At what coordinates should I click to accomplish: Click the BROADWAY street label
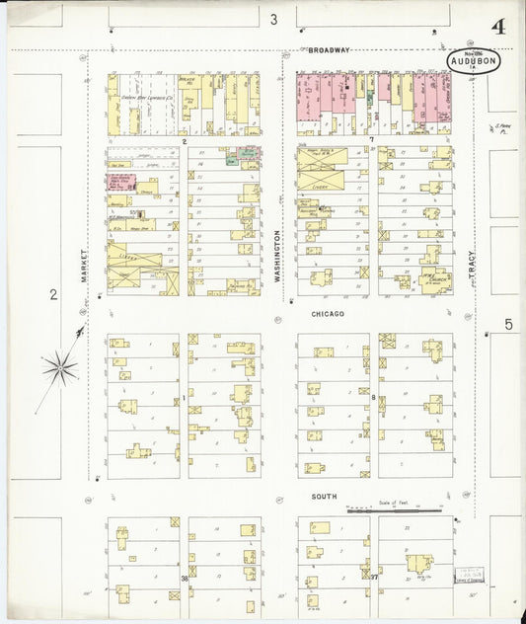tap(329, 49)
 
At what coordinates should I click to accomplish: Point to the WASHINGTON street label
tap(278, 257)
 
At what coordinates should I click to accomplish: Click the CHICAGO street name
tap(328, 314)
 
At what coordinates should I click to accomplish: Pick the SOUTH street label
tap(323, 497)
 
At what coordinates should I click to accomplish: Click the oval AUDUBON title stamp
tap(474, 62)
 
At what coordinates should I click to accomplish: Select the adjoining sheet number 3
tap(273, 19)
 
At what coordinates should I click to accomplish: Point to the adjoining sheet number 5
tap(508, 324)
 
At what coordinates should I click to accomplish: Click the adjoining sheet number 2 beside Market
tap(53, 293)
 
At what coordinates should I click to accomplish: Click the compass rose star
tap(59, 368)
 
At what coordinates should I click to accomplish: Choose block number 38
tap(184, 578)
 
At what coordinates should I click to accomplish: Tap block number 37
tap(373, 577)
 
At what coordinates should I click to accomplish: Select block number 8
tap(373, 397)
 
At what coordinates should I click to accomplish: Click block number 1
tap(184, 397)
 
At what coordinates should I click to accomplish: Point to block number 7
tap(371, 141)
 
